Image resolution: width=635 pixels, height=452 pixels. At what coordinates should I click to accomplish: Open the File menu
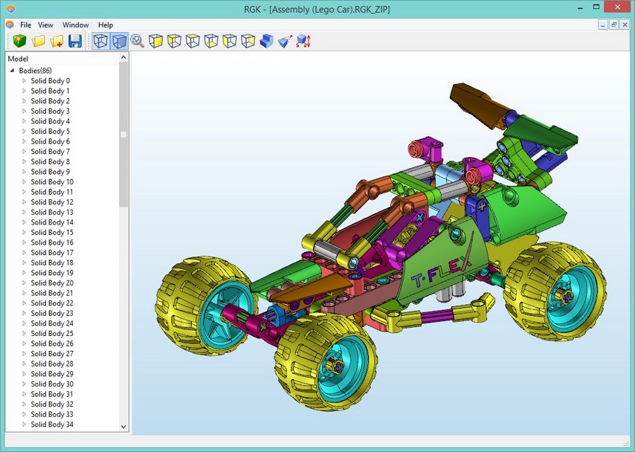(25, 25)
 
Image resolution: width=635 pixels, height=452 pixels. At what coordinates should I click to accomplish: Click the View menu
(45, 25)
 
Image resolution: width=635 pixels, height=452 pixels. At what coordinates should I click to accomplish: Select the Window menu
(75, 25)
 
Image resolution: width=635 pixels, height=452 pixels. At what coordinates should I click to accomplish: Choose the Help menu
(106, 25)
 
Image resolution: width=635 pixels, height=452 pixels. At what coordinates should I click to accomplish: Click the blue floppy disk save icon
(75, 41)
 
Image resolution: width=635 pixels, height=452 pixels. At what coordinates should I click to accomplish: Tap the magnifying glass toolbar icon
(138, 41)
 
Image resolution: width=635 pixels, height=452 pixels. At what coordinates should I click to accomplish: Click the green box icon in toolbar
(19, 41)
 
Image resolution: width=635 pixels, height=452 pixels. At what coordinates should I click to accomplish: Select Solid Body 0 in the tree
(51, 80)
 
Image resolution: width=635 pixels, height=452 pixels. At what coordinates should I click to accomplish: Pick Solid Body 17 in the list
(52, 252)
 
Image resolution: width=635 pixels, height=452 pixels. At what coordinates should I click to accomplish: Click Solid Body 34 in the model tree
(52, 424)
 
